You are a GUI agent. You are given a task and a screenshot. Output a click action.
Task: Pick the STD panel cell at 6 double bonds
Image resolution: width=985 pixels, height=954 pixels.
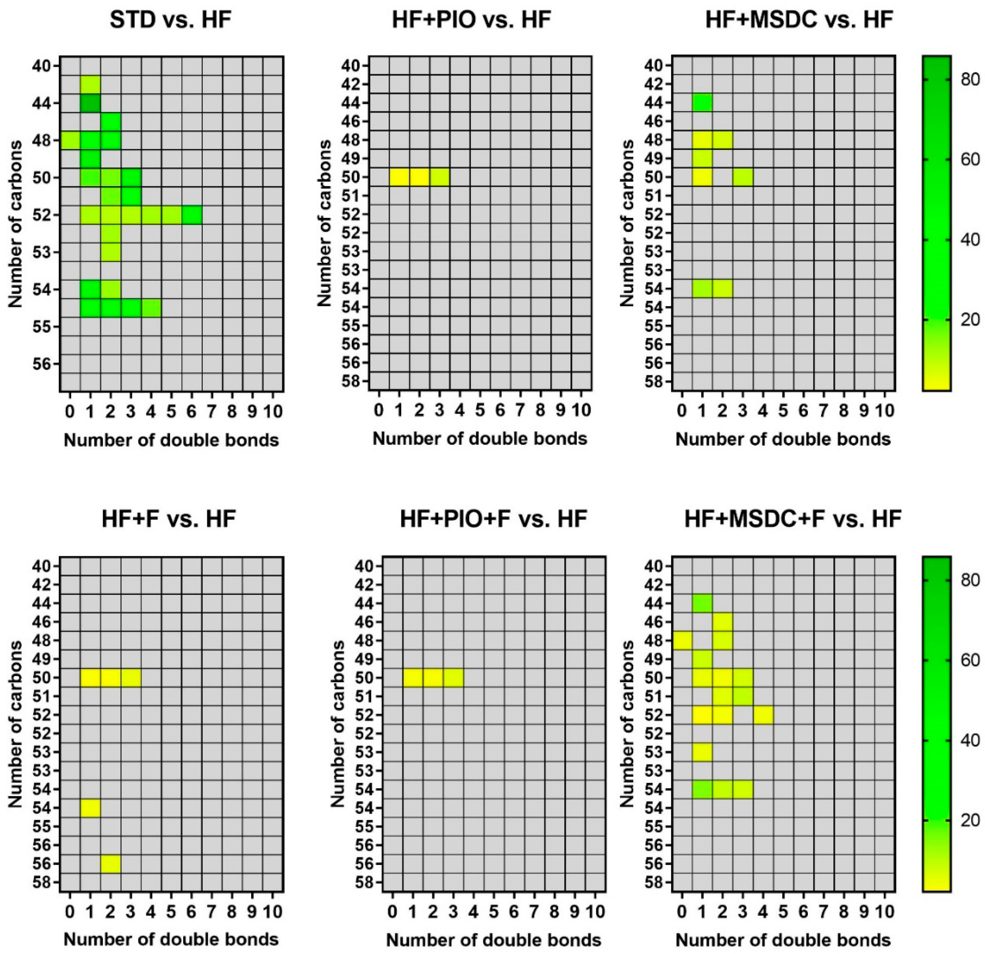(x=192, y=215)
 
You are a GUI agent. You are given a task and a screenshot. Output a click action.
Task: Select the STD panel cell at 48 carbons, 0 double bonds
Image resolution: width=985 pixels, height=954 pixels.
(x=70, y=140)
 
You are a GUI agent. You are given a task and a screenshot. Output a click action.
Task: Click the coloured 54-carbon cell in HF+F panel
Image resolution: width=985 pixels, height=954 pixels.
(x=90, y=808)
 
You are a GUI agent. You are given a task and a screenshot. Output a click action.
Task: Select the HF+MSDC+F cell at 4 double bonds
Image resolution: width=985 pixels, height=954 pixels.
(x=763, y=715)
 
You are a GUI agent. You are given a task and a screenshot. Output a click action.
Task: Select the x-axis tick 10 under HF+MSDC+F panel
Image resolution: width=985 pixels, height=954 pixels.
(x=884, y=911)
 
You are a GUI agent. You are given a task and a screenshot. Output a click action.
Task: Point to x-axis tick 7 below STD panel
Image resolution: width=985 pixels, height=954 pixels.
(x=212, y=412)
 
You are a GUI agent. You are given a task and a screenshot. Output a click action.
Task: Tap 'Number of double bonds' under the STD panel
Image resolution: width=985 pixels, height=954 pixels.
(x=171, y=440)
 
